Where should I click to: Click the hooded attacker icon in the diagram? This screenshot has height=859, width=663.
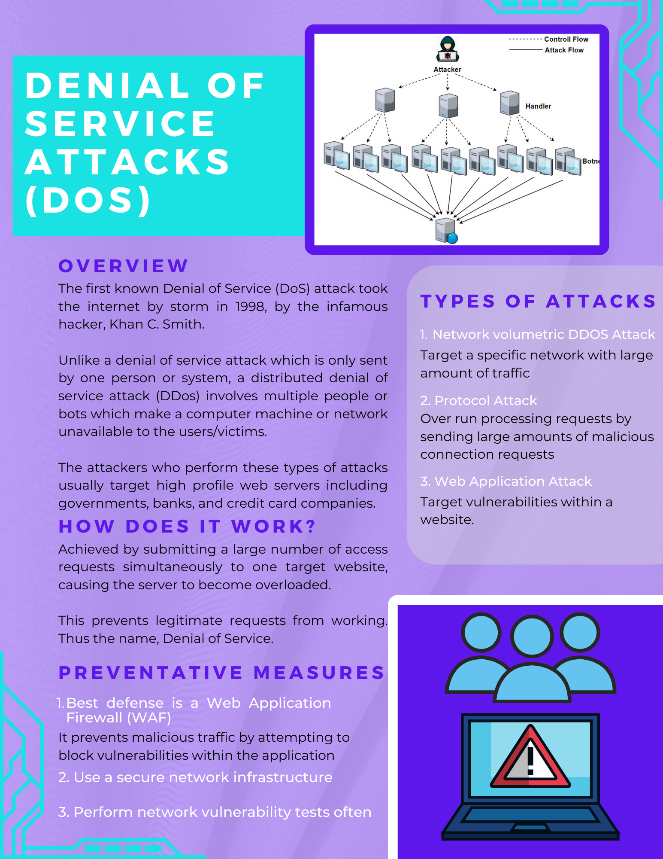(448, 50)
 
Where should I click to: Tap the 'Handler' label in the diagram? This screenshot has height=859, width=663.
(538, 106)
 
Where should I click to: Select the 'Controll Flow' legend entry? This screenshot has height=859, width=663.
(566, 39)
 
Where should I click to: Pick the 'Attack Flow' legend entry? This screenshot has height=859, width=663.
(564, 50)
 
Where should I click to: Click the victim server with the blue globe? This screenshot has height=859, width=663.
(446, 231)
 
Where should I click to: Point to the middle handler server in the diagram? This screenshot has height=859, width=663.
(448, 106)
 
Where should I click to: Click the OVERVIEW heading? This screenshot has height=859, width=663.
(123, 266)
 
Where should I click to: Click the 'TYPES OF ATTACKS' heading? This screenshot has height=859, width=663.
(538, 302)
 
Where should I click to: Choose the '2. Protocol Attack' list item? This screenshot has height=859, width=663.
(478, 401)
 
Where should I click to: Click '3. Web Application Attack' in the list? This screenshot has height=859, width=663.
(506, 481)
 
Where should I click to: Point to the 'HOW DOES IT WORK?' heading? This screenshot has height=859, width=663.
(188, 527)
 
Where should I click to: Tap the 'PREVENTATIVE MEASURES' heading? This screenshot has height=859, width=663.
(221, 673)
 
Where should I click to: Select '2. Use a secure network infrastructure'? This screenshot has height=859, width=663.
(195, 777)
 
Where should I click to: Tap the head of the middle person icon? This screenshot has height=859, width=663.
(531, 637)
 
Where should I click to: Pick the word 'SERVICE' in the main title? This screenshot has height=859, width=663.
(120, 124)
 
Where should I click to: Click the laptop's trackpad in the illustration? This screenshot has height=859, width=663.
(530, 827)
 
